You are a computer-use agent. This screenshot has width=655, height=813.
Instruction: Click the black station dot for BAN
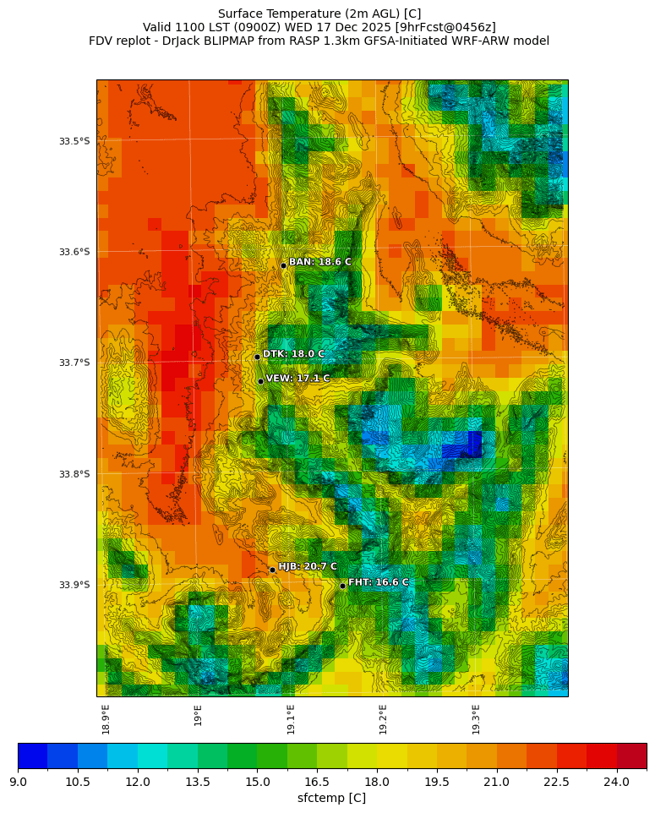pyautogui.click(x=283, y=265)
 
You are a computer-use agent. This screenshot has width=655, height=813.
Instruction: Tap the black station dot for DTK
pyautogui.click(x=257, y=357)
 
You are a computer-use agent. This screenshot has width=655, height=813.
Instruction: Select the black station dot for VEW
pyautogui.click(x=260, y=381)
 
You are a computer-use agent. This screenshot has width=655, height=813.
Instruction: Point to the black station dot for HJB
pyautogui.click(x=272, y=570)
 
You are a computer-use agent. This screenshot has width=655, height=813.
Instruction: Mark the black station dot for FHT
pyautogui.click(x=342, y=586)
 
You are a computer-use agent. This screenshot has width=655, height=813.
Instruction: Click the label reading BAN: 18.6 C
pyautogui.click(x=319, y=262)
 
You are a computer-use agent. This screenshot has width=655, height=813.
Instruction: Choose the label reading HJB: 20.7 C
pyautogui.click(x=308, y=566)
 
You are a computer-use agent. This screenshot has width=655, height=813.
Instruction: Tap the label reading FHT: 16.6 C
pyautogui.click(x=378, y=582)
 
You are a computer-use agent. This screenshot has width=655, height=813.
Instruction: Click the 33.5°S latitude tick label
pyautogui.click(x=74, y=141)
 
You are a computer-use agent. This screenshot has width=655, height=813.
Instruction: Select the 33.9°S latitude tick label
pyautogui.click(x=74, y=585)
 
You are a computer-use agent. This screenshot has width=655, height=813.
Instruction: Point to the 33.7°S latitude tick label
pyautogui.click(x=74, y=363)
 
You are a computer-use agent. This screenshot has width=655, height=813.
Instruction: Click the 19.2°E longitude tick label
pyautogui.click(x=383, y=719)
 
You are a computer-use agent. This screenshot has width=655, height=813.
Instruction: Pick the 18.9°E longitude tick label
pyautogui.click(x=106, y=719)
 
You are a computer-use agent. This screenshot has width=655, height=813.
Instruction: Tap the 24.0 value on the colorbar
pyautogui.click(x=616, y=782)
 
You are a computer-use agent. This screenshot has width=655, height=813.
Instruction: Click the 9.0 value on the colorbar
pyautogui.click(x=18, y=782)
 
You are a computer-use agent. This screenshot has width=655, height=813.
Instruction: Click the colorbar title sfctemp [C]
pyautogui.click(x=331, y=798)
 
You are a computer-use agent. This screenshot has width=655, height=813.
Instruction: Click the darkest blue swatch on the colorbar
pyautogui.click(x=32, y=756)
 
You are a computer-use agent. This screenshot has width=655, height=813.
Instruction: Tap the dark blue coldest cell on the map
pyautogui.click(x=475, y=444)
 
